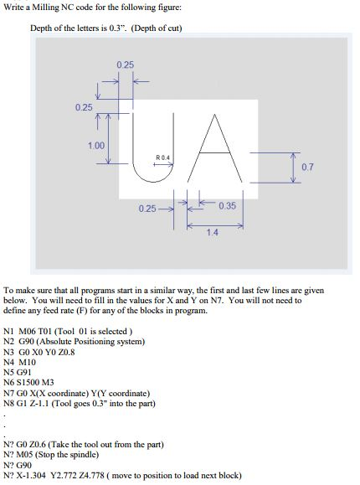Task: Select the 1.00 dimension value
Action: click(95, 145)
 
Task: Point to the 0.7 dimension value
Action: click(307, 168)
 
